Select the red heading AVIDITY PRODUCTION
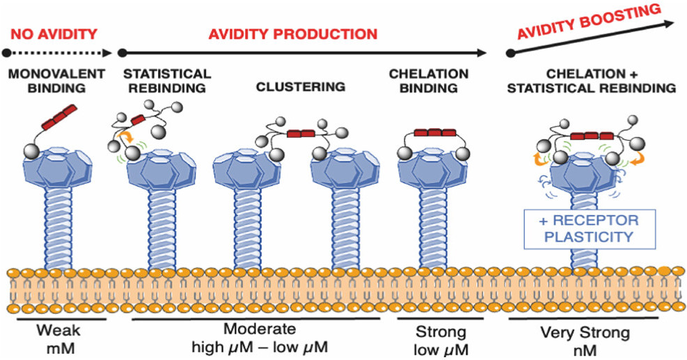tap(293, 33)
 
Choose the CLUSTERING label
tap(301, 87)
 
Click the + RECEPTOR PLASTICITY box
tap(590, 228)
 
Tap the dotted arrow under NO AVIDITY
tap(58, 52)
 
